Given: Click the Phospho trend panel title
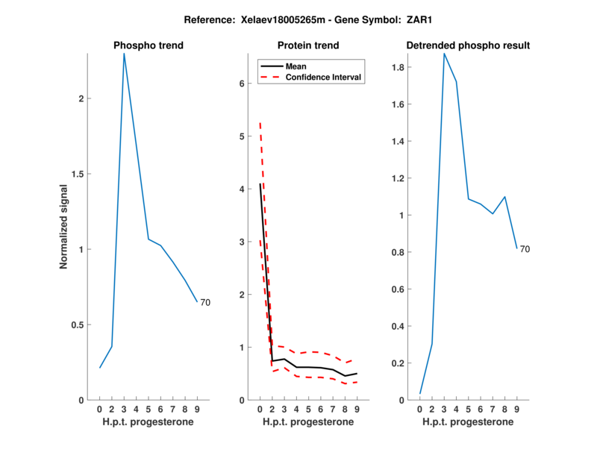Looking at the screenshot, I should (149, 46).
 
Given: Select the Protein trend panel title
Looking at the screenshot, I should (308, 46).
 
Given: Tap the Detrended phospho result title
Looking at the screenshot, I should (468, 46).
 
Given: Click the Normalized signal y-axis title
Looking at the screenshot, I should (64, 225).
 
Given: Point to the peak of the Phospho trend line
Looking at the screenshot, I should (124, 54).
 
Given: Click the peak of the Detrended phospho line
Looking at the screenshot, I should (444, 54).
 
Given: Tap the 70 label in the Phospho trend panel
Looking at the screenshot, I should (206, 302).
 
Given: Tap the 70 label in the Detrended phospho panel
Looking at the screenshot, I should (525, 249).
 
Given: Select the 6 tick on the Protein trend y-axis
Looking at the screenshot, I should (243, 84).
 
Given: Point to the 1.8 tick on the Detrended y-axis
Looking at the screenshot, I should (400, 67).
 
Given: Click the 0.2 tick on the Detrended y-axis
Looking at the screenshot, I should (400, 363).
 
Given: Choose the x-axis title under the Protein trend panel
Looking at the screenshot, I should (308, 422).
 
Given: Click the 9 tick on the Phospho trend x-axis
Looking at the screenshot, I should (197, 409).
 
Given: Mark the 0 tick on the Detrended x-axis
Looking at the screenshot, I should (420, 409).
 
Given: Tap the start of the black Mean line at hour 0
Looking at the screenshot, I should (260, 184).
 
